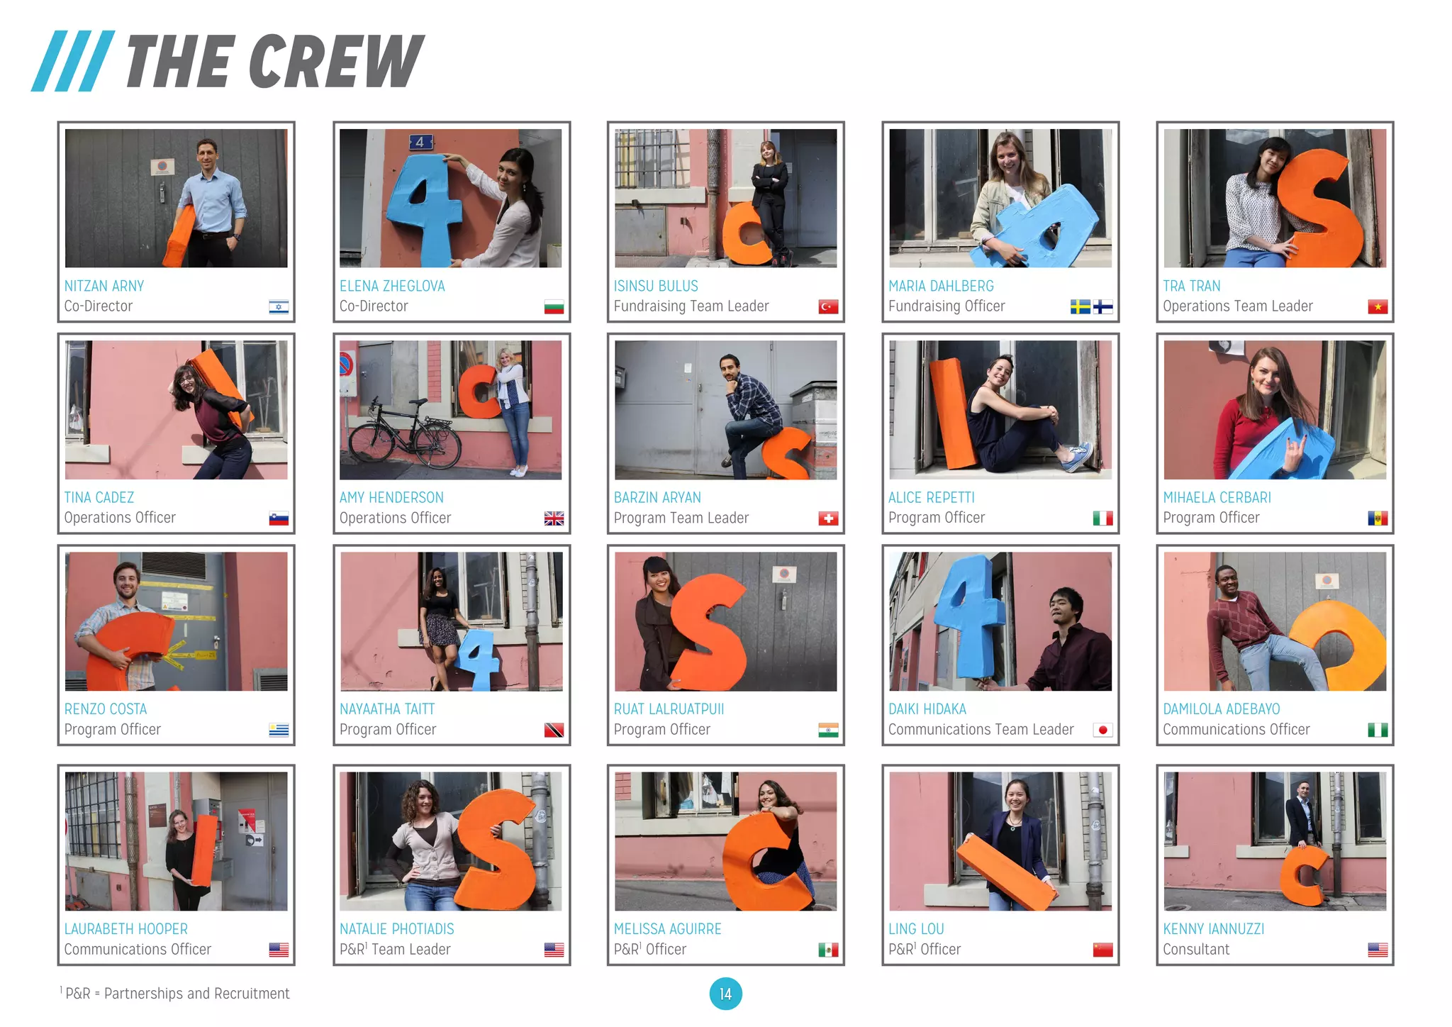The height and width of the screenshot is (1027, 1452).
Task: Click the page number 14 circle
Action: pos(725,994)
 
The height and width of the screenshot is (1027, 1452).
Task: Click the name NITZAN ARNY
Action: pos(104,286)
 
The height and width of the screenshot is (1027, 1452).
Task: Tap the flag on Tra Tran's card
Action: pos(1378,306)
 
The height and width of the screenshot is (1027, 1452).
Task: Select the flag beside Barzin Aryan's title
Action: pos(828,518)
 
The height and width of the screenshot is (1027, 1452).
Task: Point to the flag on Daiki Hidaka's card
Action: pos(1102,730)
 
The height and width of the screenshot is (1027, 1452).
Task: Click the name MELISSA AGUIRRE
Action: pos(667,928)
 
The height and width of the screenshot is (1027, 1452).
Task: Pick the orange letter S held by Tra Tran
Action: pos(1322,206)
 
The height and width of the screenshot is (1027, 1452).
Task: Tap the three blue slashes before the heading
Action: pos(73,61)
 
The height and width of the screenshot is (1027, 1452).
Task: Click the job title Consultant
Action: pos(1196,949)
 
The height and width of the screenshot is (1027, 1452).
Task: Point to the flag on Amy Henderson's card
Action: pos(554,518)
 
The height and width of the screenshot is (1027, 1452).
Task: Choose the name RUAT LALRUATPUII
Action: pos(669,709)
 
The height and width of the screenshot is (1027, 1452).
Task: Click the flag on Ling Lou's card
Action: pos(1102,950)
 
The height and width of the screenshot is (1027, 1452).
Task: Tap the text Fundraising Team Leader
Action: pos(691,306)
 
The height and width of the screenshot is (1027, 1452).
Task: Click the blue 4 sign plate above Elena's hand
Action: pos(420,142)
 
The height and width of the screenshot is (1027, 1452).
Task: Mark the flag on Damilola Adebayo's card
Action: pos(1378,730)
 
